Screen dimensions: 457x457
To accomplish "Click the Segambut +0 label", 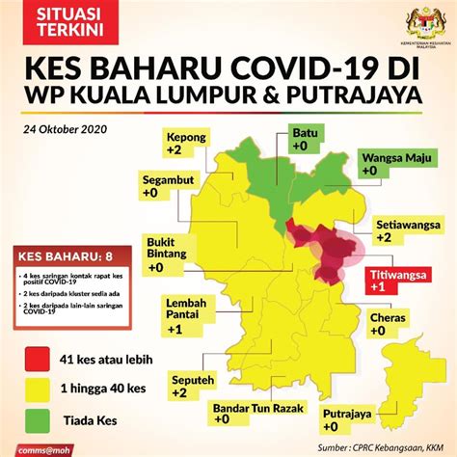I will (169, 186).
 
